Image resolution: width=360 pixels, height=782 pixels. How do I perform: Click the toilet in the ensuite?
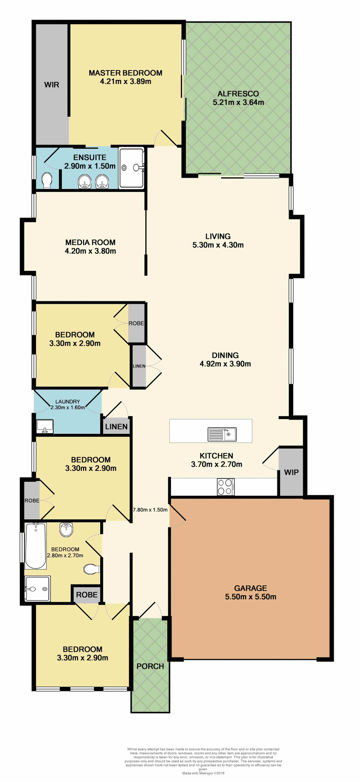point(47,180)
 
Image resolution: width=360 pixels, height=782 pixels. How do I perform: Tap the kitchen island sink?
point(222,434)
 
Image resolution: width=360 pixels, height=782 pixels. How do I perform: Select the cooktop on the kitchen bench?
point(225,486)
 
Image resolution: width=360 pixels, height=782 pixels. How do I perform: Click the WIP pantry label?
point(291,472)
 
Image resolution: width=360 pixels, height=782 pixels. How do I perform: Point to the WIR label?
point(52,85)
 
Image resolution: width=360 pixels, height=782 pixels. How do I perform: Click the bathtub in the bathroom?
point(35,546)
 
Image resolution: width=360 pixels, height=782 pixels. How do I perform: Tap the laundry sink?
point(44,426)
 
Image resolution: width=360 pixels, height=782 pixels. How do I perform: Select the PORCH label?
point(150,666)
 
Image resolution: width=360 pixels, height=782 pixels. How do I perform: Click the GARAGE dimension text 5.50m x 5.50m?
point(250,597)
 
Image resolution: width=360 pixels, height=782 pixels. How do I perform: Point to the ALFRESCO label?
point(238,94)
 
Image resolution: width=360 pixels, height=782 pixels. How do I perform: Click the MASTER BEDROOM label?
point(125,73)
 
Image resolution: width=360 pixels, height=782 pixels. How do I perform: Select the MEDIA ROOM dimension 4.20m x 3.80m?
point(90,251)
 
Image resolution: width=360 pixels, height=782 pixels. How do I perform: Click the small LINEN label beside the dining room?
point(139,366)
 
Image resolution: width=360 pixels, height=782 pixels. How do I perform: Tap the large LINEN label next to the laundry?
point(116,426)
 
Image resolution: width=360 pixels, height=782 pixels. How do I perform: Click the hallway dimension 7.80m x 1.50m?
point(150,510)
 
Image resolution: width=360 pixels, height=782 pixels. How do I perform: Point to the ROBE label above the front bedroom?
point(87,595)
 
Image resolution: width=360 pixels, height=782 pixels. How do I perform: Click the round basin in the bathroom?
point(66,529)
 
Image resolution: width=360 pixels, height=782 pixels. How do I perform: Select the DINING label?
point(225,355)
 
